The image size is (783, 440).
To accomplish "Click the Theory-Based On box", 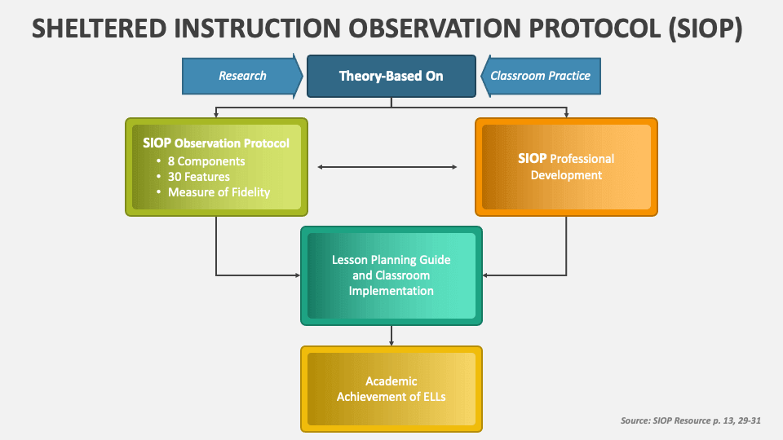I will [391, 76].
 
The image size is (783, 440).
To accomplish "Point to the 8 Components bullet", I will [206, 161].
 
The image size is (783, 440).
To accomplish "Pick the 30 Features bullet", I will [198, 176].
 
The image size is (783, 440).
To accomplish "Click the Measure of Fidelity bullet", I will [219, 192].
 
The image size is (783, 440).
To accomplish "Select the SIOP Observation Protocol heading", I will [216, 143].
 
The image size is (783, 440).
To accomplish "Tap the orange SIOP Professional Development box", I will [566, 167].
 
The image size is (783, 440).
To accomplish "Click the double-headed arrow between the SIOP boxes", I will [387, 167].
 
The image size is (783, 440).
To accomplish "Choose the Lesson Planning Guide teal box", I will [391, 275].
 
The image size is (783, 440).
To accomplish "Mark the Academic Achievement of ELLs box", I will [391, 389].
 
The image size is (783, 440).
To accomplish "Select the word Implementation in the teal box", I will [391, 290].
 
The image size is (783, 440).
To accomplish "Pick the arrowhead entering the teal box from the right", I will [487, 275].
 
